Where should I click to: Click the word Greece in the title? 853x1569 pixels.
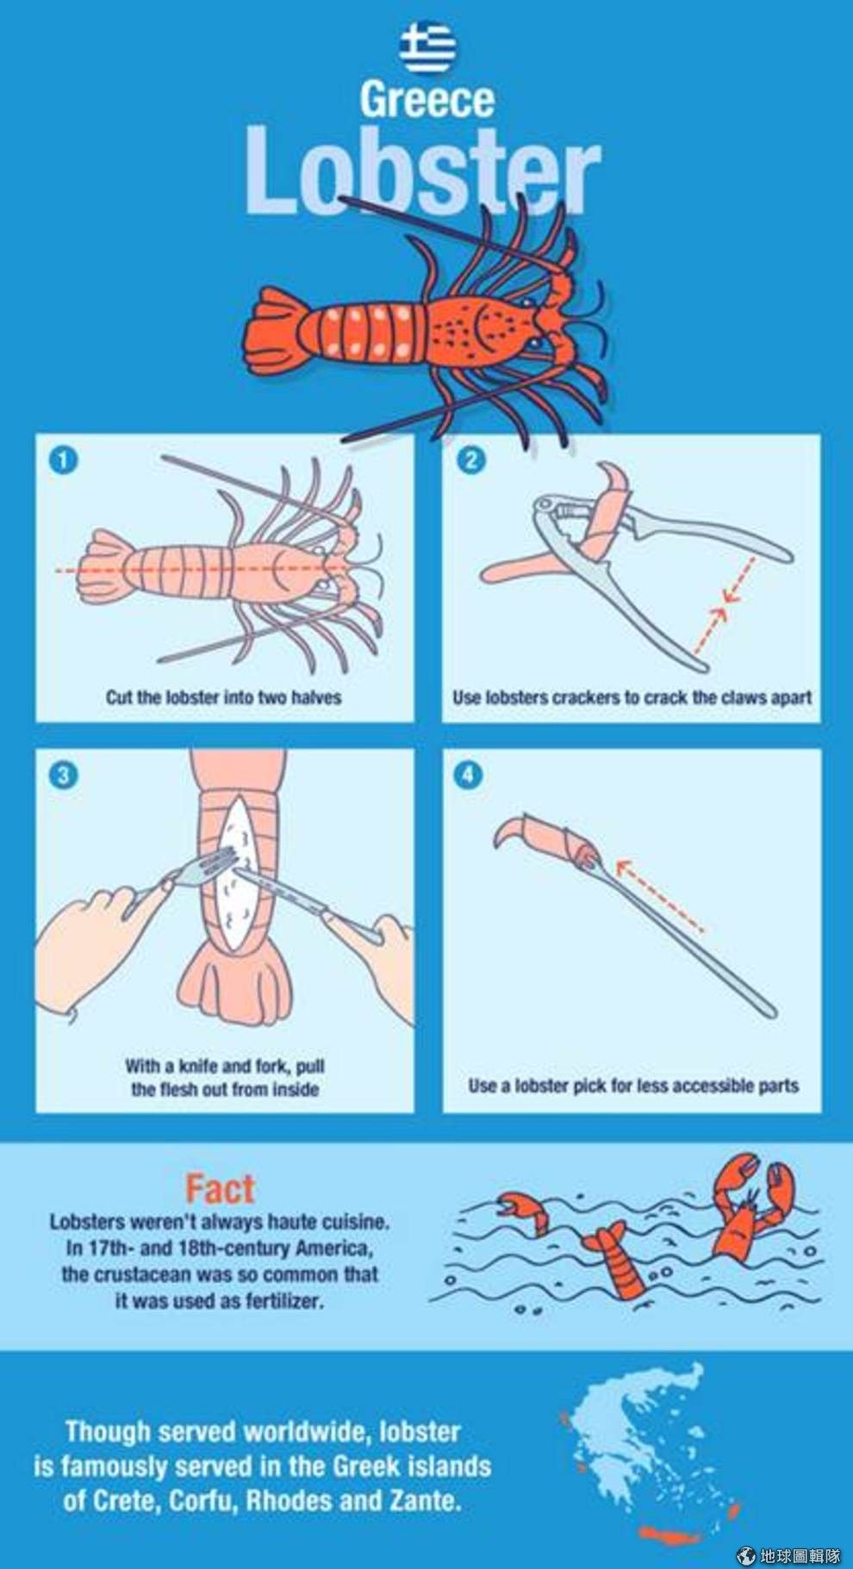click(427, 100)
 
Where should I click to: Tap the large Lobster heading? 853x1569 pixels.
click(422, 171)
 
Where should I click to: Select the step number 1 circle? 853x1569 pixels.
click(64, 459)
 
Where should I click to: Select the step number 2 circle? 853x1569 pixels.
click(470, 459)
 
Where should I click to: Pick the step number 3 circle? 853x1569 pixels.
click(64, 774)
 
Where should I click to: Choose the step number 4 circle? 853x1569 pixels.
click(468, 774)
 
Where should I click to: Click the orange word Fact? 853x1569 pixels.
click(221, 1188)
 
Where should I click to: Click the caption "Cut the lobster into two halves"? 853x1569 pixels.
click(224, 697)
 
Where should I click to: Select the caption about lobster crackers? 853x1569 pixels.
click(632, 697)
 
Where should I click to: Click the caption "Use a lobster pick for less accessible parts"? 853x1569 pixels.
click(633, 1086)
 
